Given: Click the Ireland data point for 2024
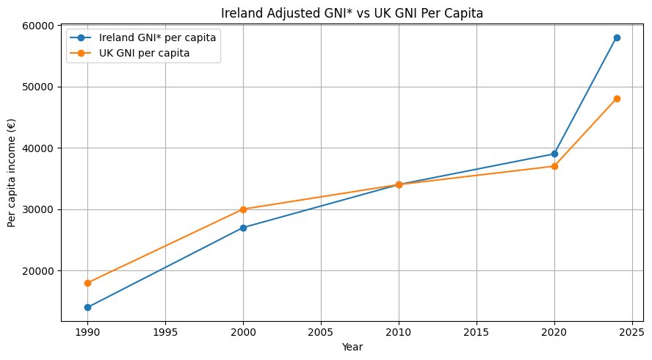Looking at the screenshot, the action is (x=617, y=38).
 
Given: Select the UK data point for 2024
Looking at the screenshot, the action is (x=617, y=99).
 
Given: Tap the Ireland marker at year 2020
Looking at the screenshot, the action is (x=554, y=154).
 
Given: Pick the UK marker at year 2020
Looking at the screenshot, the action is (x=554, y=167).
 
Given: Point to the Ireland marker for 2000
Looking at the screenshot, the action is (x=243, y=228).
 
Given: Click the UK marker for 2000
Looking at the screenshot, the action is (x=243, y=209).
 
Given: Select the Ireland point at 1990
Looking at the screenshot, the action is (x=87, y=307).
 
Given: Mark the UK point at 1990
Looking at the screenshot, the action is (x=87, y=283).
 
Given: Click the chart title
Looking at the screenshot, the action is (x=352, y=13).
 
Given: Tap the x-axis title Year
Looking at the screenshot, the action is (x=352, y=347).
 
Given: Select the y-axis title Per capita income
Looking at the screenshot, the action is (x=11, y=173).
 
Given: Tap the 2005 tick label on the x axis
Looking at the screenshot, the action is (x=321, y=332).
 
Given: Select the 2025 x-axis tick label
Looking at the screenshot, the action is (x=632, y=332).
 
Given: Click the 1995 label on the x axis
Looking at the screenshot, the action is (x=165, y=332).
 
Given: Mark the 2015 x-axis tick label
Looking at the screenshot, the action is (x=477, y=332).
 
